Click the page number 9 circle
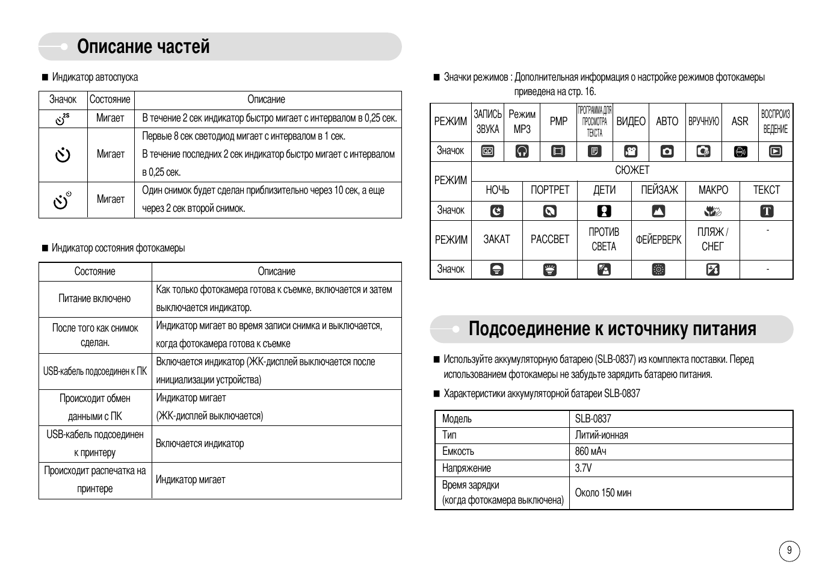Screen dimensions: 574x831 (789, 551)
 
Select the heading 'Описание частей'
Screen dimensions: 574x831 (143, 47)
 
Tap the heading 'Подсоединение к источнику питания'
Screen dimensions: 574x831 (612, 329)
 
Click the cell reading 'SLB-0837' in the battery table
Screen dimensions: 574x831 (593, 419)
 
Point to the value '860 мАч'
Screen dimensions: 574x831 (590, 451)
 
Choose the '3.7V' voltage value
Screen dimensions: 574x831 (583, 468)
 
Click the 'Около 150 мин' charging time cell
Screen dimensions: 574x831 (603, 493)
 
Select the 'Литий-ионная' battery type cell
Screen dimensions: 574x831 (601, 435)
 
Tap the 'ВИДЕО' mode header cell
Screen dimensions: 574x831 (631, 122)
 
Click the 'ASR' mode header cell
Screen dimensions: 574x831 (740, 122)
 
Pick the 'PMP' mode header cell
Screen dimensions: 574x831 (558, 122)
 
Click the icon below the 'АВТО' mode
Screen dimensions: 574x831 (667, 152)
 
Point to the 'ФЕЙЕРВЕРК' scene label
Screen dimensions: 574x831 (658, 239)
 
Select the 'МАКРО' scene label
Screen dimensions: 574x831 (713, 190)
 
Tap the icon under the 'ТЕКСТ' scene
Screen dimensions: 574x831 (767, 211)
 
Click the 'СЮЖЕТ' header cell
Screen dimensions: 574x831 (632, 171)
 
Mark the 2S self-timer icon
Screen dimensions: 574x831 (63, 119)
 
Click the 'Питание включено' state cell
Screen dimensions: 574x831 (94, 298)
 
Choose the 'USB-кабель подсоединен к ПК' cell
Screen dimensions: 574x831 (95, 371)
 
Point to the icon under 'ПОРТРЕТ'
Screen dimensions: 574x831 (549, 211)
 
